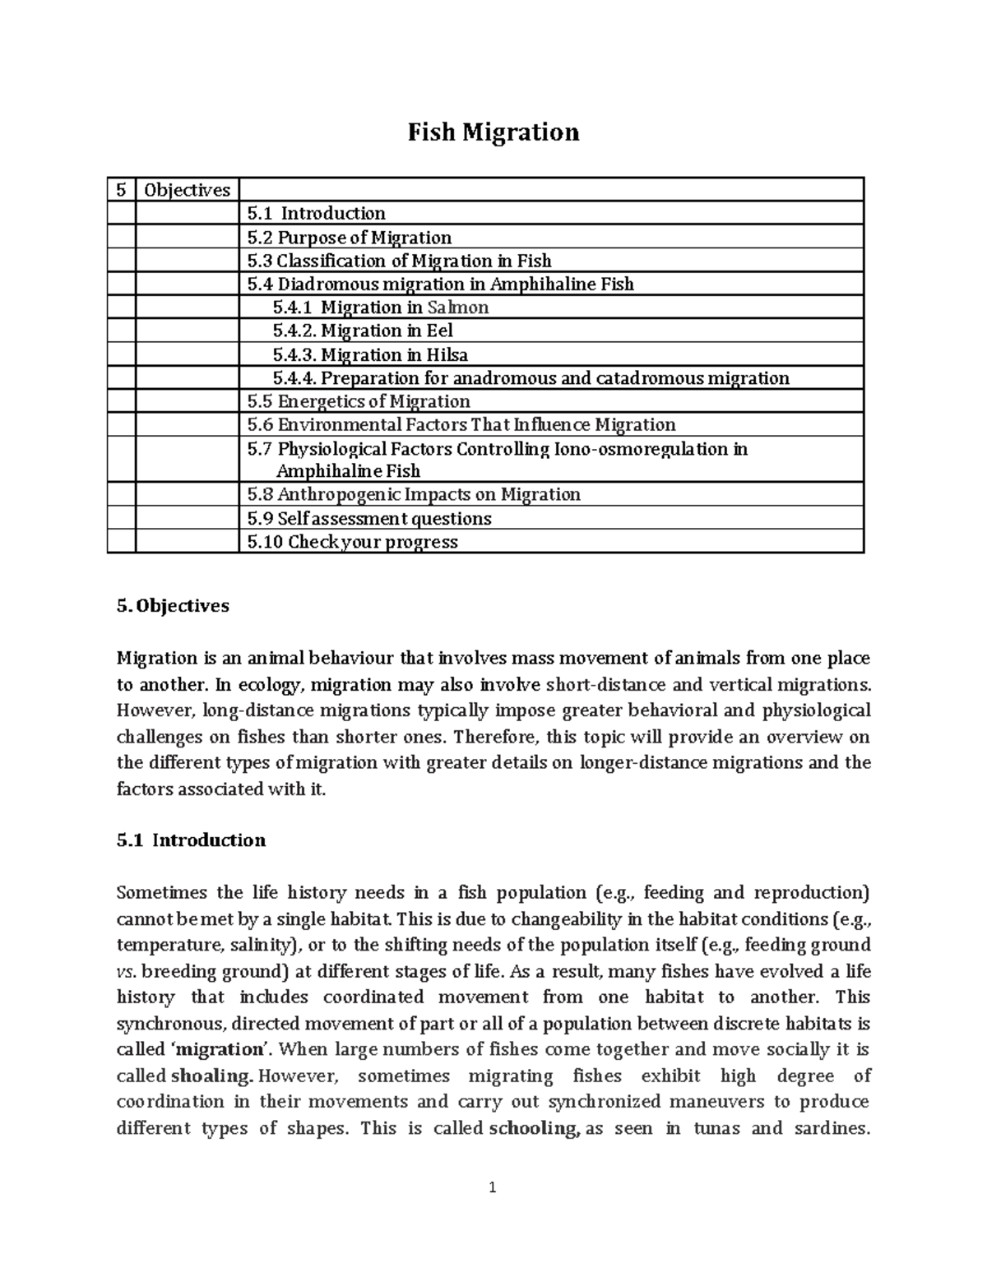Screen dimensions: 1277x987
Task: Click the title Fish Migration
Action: [x=493, y=132]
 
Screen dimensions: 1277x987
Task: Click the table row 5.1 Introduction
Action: [x=317, y=213]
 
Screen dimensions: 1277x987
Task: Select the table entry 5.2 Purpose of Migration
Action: [x=350, y=238]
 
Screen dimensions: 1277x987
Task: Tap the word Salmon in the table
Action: [x=458, y=308]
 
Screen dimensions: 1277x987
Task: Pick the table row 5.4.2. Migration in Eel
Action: [x=363, y=331]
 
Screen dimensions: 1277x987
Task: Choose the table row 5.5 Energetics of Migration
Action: [x=359, y=401]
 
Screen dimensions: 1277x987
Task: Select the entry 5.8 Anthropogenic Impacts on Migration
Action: [x=414, y=494]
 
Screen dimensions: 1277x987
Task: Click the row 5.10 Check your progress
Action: [x=352, y=542]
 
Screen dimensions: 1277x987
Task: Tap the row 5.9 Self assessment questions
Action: [x=369, y=519]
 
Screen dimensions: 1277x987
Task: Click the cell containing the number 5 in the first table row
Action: [x=121, y=190]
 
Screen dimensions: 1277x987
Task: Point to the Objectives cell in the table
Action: [x=187, y=190]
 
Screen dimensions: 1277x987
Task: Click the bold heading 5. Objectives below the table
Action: [x=173, y=606]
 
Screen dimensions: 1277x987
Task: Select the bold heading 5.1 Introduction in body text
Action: [x=191, y=840]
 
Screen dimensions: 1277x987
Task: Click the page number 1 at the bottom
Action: [x=493, y=1187]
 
